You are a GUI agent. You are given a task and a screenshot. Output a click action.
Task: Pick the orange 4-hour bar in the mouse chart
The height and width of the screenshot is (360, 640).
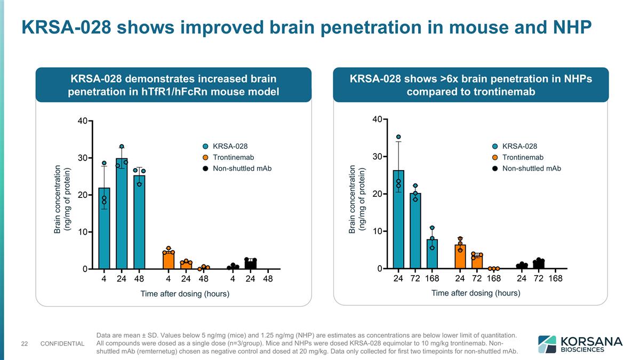pyautogui.click(x=169, y=261)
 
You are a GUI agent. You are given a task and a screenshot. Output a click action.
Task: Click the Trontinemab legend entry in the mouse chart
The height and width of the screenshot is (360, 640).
pyautogui.click(x=233, y=157)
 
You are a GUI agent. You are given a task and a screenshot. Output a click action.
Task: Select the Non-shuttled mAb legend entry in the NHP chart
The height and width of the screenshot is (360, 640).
pyautogui.click(x=531, y=169)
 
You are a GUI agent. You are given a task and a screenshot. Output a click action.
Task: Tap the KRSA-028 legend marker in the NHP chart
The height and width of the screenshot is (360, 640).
pyautogui.click(x=495, y=146)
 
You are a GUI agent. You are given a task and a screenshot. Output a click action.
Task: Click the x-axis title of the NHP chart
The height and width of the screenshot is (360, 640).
pyautogui.click(x=475, y=293)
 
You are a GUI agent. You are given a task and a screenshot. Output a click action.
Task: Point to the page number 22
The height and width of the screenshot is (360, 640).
pyautogui.click(x=25, y=343)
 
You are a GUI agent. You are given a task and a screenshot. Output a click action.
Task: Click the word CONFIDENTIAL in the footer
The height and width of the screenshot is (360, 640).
pyautogui.click(x=62, y=343)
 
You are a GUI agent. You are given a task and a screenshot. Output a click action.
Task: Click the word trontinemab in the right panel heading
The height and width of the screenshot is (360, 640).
pyautogui.click(x=500, y=92)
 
